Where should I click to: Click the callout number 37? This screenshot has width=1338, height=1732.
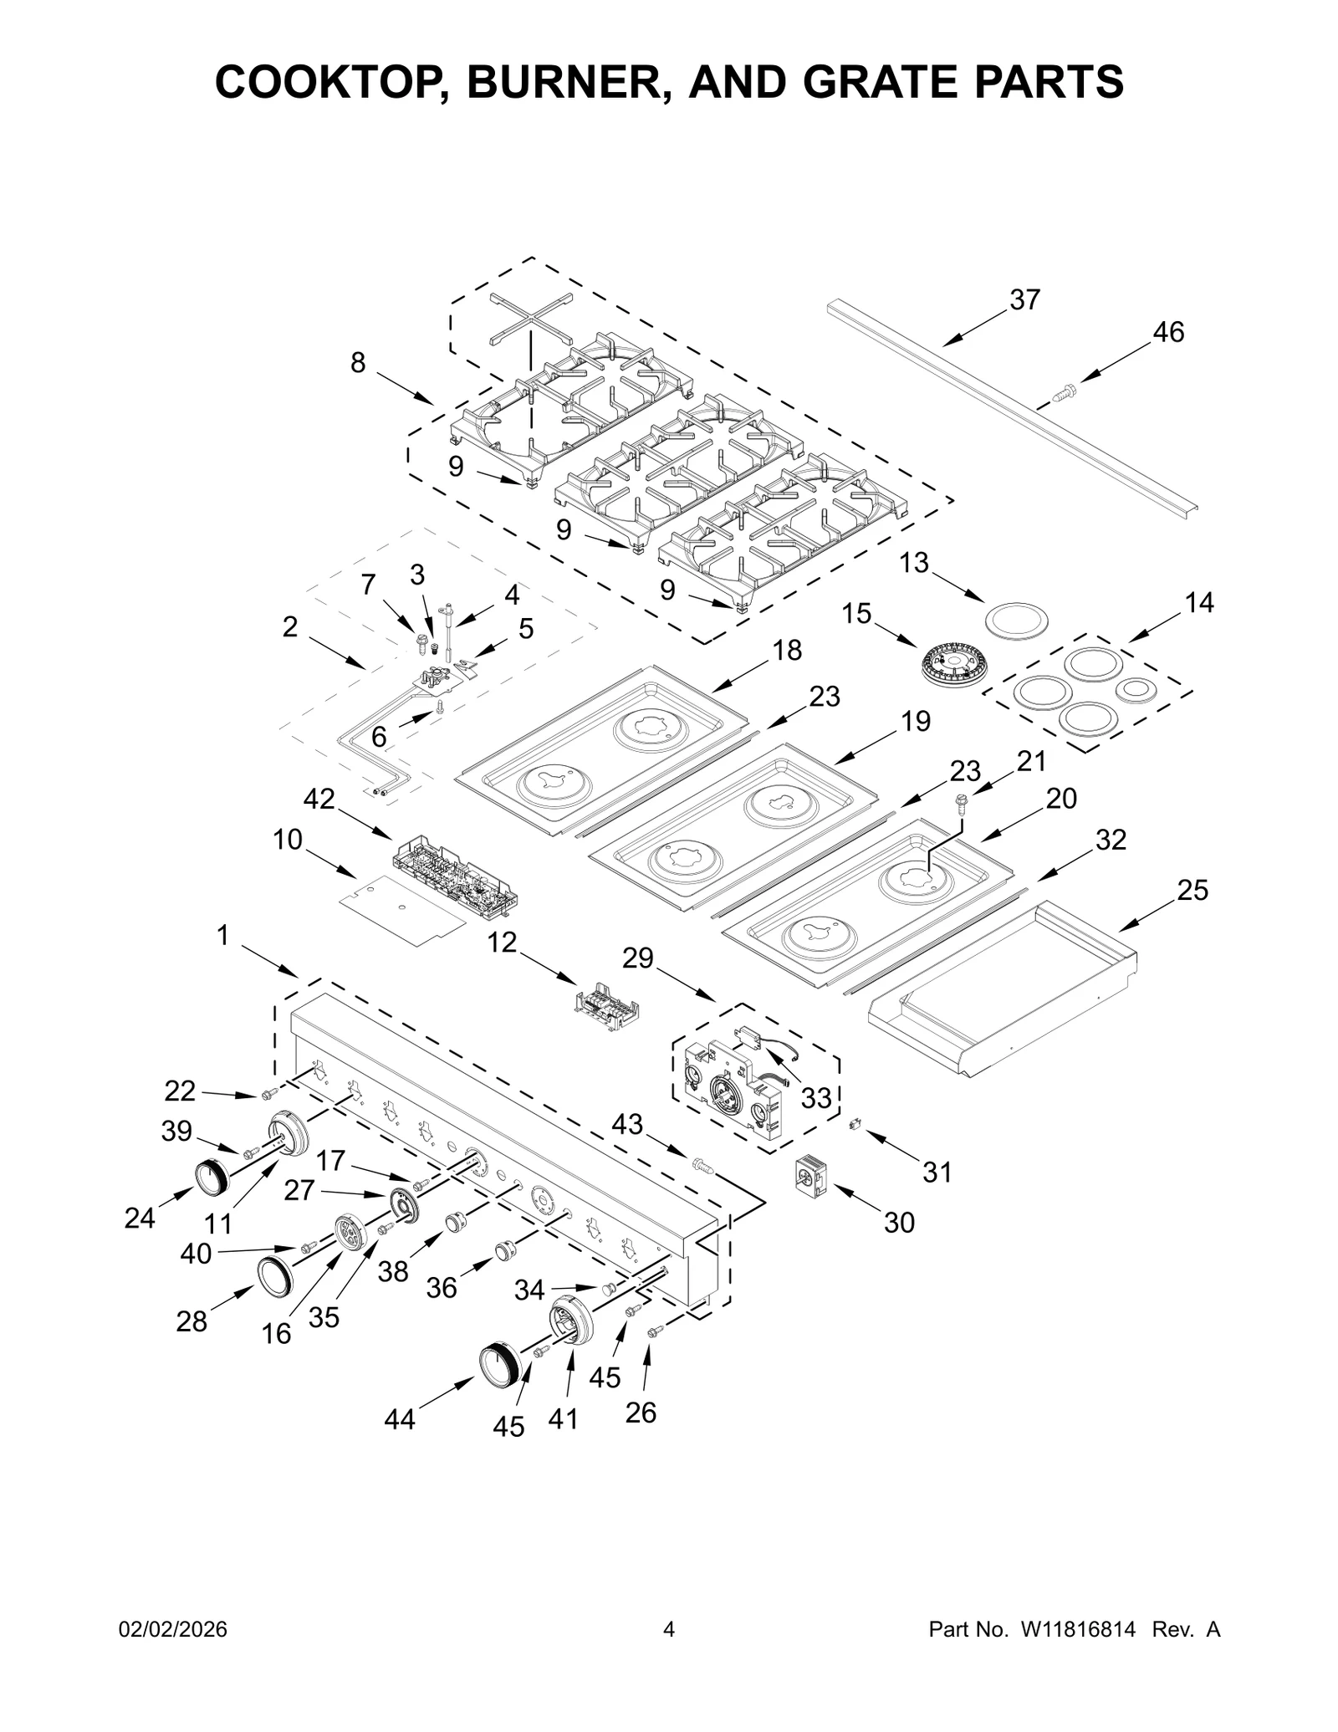tap(1024, 299)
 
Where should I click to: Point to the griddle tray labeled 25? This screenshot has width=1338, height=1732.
tap(1004, 991)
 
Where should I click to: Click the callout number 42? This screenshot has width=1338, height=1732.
tap(319, 800)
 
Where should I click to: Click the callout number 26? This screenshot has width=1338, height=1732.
tap(641, 1413)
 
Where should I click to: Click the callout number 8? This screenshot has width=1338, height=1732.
tap(358, 363)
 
